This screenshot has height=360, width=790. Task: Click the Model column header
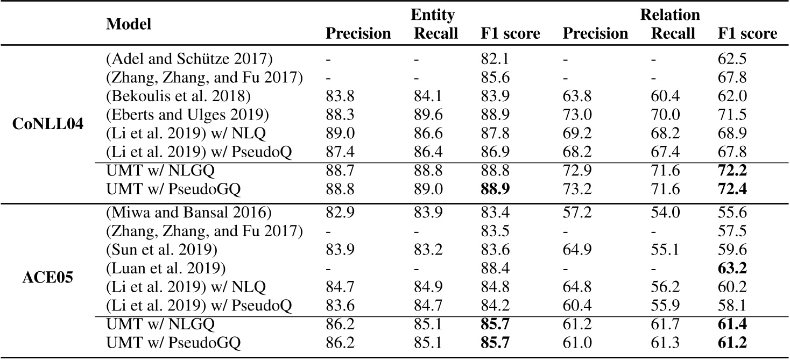point(129,24)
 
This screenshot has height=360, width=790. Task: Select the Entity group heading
point(434,15)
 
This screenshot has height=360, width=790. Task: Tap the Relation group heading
point(669,15)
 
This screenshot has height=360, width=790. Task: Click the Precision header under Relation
point(595,34)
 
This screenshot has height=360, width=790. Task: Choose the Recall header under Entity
point(435,34)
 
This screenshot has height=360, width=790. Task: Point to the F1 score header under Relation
point(747,34)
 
